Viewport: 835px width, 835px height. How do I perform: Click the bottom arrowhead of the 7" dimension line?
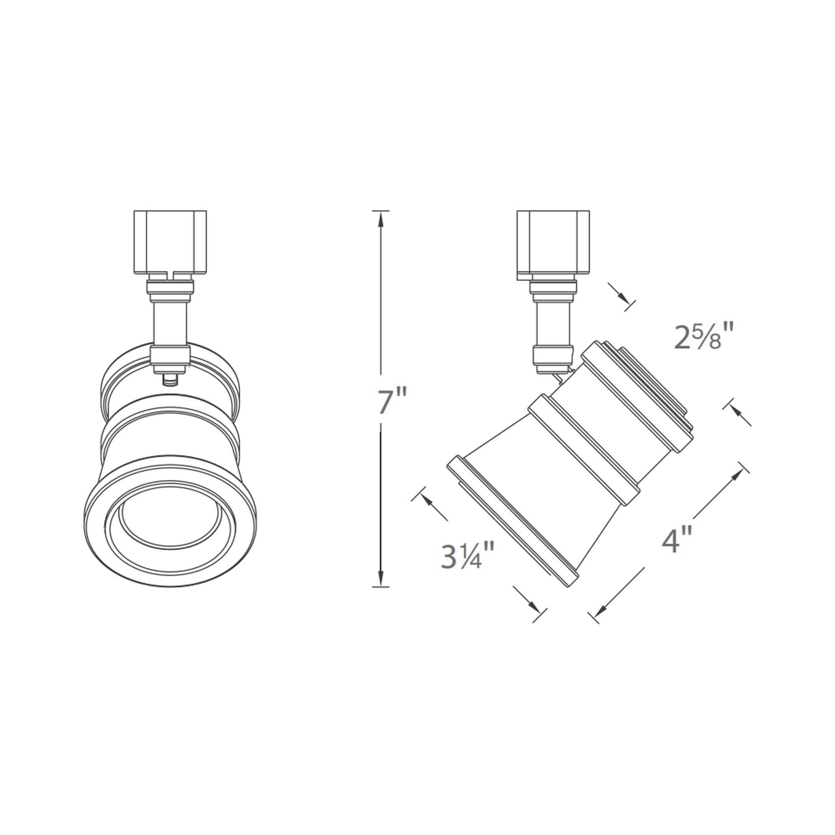[x=380, y=580]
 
